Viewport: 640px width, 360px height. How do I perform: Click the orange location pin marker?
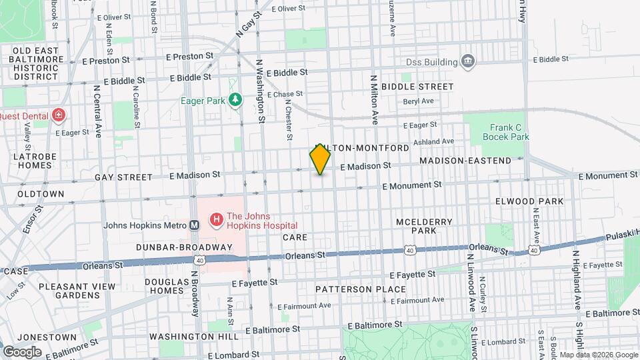click(x=321, y=159)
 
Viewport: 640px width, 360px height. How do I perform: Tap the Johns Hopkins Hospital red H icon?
click(x=216, y=219)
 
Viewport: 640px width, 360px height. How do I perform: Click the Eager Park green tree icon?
click(x=235, y=101)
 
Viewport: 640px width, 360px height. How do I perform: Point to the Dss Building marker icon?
click(x=468, y=62)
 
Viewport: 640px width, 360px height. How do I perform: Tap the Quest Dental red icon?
click(x=59, y=115)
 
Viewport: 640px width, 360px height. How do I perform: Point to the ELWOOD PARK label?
click(x=529, y=201)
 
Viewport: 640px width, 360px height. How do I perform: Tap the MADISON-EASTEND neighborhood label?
click(x=465, y=161)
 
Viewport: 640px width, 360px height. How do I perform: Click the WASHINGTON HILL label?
click(x=191, y=337)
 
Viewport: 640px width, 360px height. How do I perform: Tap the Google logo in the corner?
click(x=21, y=351)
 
